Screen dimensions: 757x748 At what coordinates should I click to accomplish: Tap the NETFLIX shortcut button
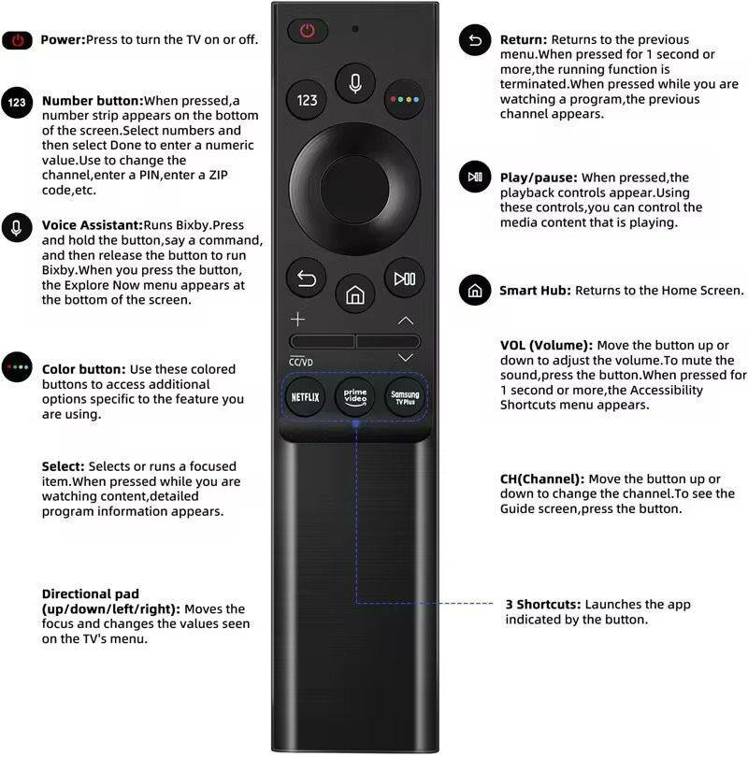306,396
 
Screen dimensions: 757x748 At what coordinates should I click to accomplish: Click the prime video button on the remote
355,396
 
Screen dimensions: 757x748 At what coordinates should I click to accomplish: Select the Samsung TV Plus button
405,396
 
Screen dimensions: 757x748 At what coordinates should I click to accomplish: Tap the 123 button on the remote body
308,99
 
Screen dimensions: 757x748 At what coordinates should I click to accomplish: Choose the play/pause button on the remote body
405,279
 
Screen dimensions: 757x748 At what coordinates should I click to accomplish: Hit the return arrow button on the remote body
307,279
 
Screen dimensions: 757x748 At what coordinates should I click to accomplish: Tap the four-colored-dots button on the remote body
405,99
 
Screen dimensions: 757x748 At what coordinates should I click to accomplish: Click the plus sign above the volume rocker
297,319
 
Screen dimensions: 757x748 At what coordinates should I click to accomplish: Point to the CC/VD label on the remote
301,362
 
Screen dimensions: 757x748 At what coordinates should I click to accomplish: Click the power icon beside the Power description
17,40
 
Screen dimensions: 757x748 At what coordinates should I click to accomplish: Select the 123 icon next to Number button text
17,103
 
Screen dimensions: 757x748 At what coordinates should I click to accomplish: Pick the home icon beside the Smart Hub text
475,291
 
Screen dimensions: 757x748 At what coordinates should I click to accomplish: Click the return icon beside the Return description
475,41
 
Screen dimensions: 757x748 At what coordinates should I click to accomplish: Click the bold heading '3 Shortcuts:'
543,605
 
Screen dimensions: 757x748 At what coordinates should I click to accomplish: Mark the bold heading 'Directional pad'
90,593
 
